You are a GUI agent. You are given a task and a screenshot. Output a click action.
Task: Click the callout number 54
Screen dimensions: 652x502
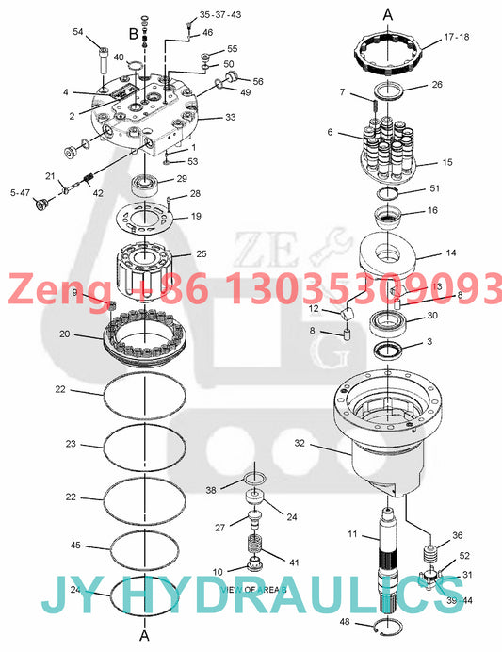pos(78,32)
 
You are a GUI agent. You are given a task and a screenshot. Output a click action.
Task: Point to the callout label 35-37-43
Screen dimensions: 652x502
pos(219,15)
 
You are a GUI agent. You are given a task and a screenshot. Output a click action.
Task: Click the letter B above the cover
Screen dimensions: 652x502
pos(132,34)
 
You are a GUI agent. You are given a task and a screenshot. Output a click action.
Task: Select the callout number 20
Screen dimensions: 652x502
pos(64,334)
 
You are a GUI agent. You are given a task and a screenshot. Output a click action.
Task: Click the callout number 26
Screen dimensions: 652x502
pos(436,84)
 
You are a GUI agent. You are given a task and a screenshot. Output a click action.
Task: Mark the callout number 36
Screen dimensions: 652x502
pos(457,535)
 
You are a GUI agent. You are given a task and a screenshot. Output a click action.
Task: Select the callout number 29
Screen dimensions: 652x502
pos(182,178)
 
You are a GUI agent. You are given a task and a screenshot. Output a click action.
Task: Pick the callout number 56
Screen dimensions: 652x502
pos(258,82)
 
